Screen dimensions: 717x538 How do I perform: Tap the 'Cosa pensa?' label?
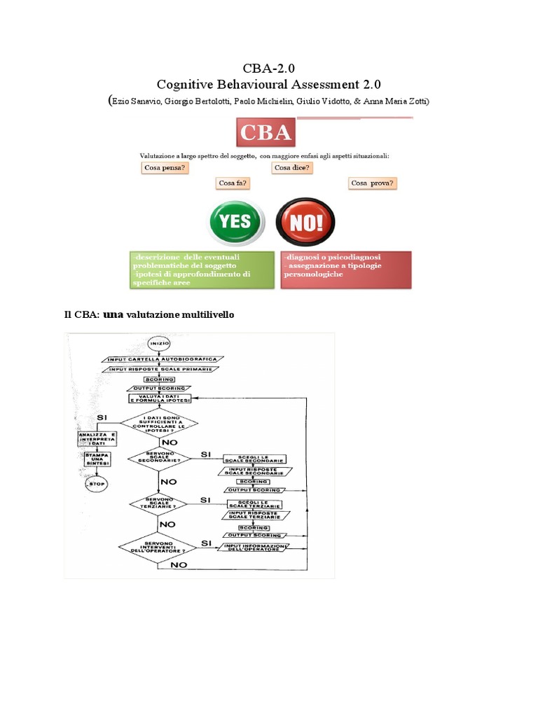pyautogui.click(x=165, y=168)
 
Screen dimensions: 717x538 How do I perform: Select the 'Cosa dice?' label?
pyautogui.click(x=292, y=168)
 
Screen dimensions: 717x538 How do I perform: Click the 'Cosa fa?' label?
pyautogui.click(x=234, y=183)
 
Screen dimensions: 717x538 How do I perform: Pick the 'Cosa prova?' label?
pyautogui.click(x=373, y=183)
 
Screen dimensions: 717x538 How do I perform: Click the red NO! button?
pyautogui.click(x=305, y=222)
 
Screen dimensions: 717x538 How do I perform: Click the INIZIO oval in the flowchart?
pyautogui.click(x=159, y=344)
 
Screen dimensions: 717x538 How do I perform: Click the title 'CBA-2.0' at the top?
pyautogui.click(x=268, y=69)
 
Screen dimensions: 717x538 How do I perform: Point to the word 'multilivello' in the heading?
pyautogui.click(x=207, y=315)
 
